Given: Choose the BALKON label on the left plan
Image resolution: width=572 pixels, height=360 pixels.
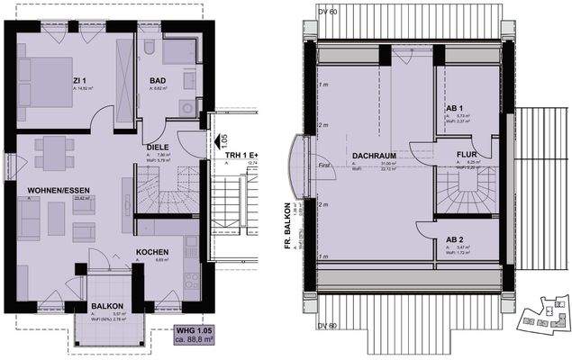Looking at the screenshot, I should point(105,305).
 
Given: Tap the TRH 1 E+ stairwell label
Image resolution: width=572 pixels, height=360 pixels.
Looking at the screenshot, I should point(242,156).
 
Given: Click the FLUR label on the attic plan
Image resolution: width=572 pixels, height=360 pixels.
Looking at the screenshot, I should point(467,154).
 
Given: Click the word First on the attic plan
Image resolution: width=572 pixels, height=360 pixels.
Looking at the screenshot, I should point(326,165).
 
